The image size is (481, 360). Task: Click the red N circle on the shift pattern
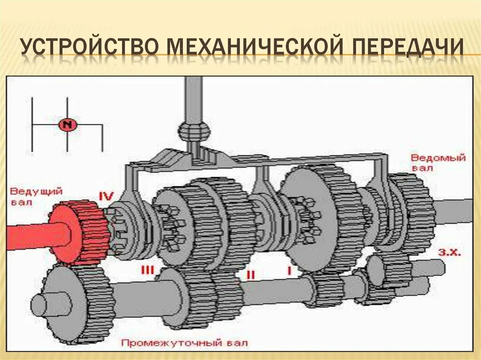click(x=68, y=125)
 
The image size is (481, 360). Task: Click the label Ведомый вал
click(x=438, y=162)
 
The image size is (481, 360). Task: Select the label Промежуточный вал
click(x=185, y=343)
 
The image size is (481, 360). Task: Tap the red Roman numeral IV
click(x=106, y=195)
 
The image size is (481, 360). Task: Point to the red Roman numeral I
click(x=289, y=271)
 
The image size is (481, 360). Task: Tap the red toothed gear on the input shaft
click(x=80, y=232)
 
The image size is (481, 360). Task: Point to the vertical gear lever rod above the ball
click(x=193, y=99)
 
